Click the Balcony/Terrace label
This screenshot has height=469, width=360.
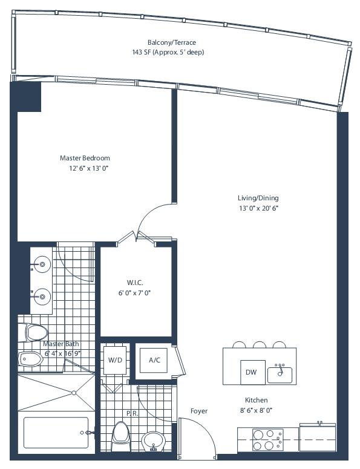(172, 42)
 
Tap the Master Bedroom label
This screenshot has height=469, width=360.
(85, 158)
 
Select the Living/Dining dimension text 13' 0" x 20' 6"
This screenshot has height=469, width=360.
(258, 208)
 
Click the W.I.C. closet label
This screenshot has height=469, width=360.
(135, 283)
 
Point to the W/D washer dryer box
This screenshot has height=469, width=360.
(115, 360)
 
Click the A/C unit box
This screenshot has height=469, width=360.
(154, 360)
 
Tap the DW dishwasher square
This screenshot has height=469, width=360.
(253, 372)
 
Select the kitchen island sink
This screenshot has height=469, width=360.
(280, 373)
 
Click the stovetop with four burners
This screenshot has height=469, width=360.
(267, 439)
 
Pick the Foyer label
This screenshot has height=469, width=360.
(199, 411)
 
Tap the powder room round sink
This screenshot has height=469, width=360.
(154, 441)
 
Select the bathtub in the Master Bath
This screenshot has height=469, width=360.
(56, 433)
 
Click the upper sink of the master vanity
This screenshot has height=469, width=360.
(42, 264)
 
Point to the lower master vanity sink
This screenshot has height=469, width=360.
(42, 297)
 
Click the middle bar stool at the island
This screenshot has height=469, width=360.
(260, 344)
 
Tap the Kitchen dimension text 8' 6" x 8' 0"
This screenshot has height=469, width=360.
(256, 410)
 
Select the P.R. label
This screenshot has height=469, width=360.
(132, 413)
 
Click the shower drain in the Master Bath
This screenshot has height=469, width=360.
(74, 393)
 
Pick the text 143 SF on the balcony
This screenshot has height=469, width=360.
(142, 52)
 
